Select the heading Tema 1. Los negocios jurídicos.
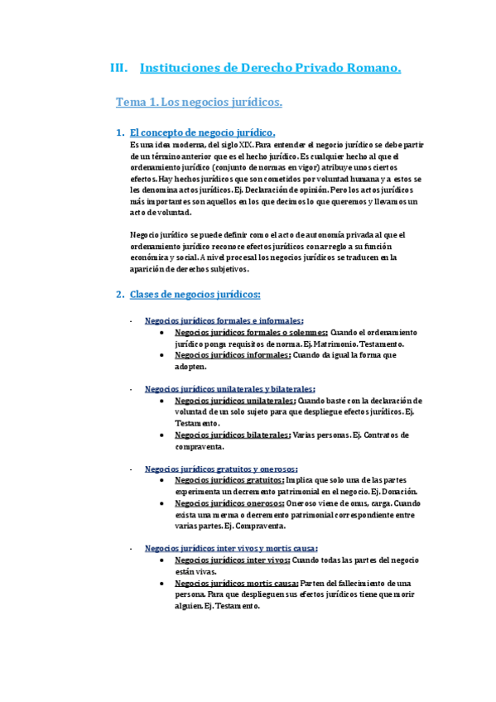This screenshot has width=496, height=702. pos(199,103)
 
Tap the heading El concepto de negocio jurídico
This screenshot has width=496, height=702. pos(202,133)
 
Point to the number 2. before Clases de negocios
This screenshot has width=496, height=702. pos(120,294)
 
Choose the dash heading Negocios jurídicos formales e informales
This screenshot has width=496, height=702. pos(224,321)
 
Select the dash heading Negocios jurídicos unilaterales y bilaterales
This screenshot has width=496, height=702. pos(229,389)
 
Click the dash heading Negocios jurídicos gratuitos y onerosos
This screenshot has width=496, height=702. pos(221,468)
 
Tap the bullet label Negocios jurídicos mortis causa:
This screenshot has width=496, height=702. pos(234,583)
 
